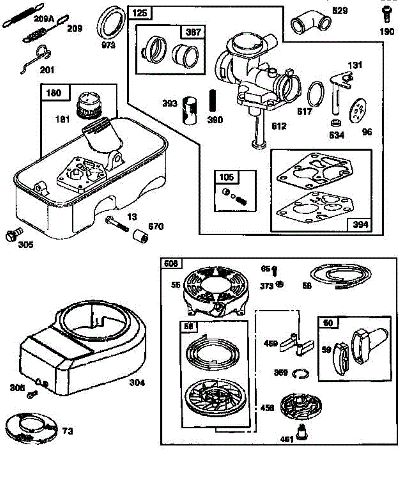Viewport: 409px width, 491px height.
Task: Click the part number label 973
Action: coord(108,45)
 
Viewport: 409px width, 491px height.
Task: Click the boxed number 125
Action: coord(140,14)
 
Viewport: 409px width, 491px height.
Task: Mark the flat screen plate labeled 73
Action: coord(31,430)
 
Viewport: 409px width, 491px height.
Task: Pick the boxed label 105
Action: coord(227,177)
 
